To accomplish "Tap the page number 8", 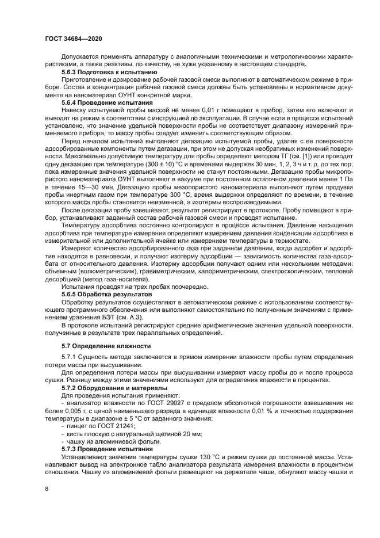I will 46,489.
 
